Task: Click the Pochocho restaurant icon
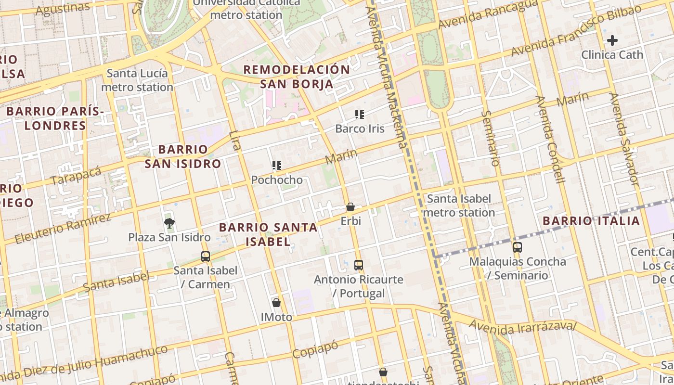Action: click(x=276, y=166)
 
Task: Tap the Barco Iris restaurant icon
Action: click(x=360, y=115)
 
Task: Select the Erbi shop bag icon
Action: click(x=350, y=207)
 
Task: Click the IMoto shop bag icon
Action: click(x=276, y=303)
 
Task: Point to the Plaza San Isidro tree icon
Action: click(x=169, y=223)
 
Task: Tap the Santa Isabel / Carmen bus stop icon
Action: click(x=206, y=256)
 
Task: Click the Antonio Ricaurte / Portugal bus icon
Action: click(x=359, y=265)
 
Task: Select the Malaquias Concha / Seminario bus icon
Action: click(x=518, y=247)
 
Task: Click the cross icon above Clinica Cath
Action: click(x=612, y=40)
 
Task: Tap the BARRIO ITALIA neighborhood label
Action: click(x=591, y=221)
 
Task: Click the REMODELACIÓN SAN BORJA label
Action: click(x=297, y=77)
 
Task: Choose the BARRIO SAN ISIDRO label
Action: click(x=183, y=156)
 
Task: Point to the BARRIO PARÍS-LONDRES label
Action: click(x=55, y=118)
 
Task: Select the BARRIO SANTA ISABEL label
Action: click(x=268, y=234)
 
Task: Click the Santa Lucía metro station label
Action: click(x=137, y=80)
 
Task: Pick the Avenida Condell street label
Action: click(x=550, y=140)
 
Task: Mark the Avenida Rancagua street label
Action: click(x=487, y=14)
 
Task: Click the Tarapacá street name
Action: click(x=76, y=176)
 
